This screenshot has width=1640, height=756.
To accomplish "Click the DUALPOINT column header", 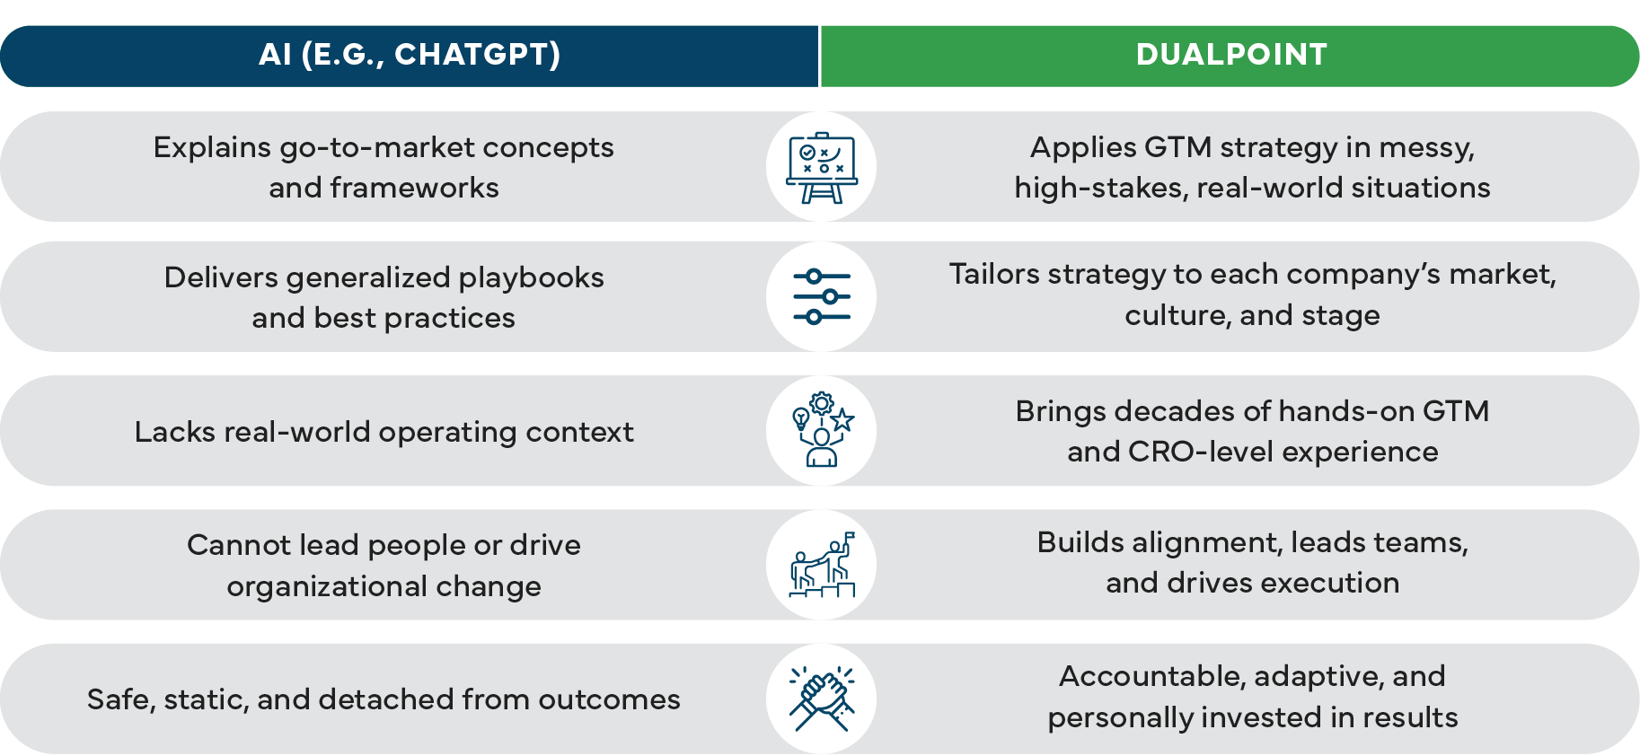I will coord(1230,55).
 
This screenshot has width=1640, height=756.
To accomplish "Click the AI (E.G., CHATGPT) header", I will coord(410,55).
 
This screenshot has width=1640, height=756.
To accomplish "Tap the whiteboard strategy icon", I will coord(821,167).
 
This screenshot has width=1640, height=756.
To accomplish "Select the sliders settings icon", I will coord(821,296).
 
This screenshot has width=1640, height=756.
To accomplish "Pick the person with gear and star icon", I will coord(821,430).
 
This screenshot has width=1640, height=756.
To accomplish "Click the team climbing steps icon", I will coord(821,565).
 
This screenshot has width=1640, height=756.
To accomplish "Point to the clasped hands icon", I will coord(821,699).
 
